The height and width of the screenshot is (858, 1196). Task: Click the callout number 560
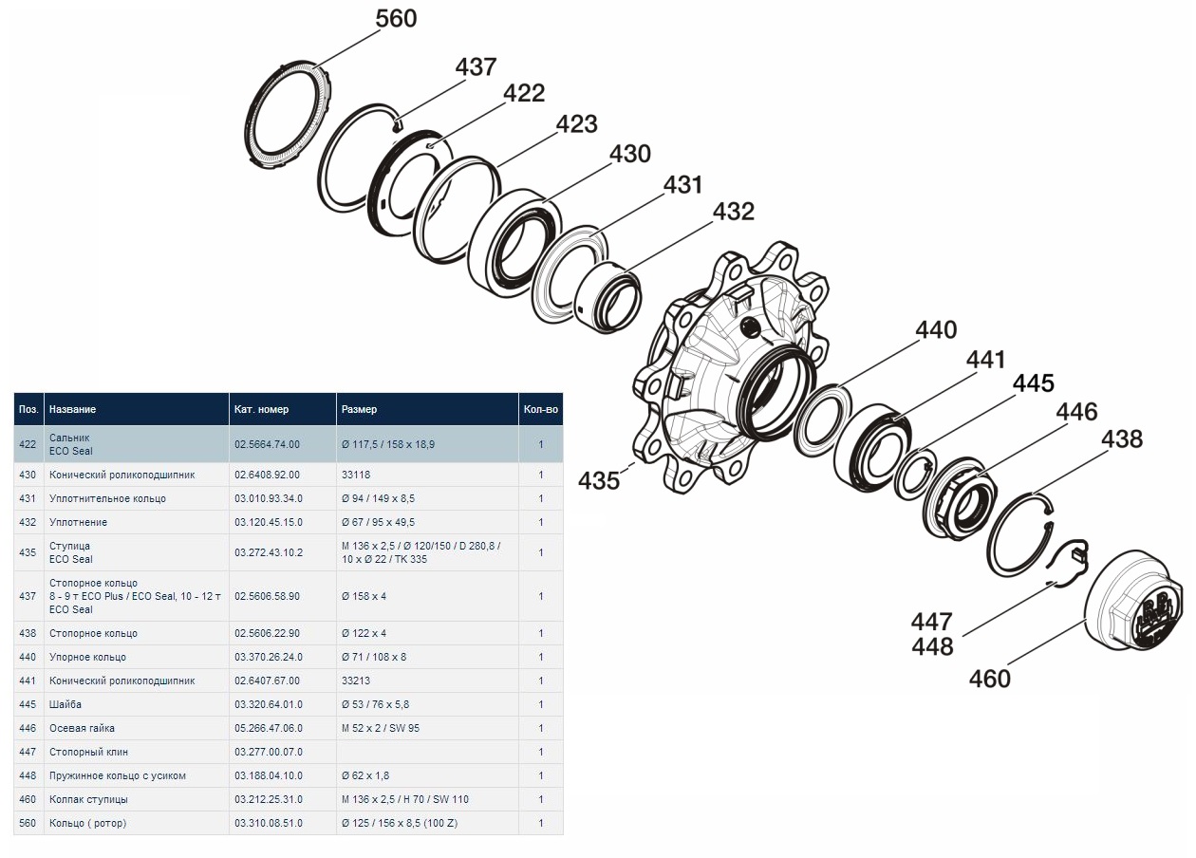(396, 19)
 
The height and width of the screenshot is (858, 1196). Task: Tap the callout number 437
(476, 67)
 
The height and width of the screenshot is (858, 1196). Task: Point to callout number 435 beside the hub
(599, 481)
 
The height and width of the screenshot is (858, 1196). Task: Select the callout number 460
(990, 679)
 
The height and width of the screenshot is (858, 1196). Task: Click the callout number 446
(1076, 412)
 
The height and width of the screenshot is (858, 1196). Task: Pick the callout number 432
(734, 212)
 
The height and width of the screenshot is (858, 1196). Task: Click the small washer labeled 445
(913, 472)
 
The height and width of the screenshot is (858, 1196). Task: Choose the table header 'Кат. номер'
(261, 410)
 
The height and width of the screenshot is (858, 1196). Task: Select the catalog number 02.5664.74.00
(267, 444)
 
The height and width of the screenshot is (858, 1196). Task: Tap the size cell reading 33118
(356, 475)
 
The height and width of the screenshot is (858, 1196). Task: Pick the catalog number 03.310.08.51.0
(269, 823)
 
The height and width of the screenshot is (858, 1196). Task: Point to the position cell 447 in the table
(28, 752)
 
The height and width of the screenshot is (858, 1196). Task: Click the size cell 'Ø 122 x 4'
(364, 633)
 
